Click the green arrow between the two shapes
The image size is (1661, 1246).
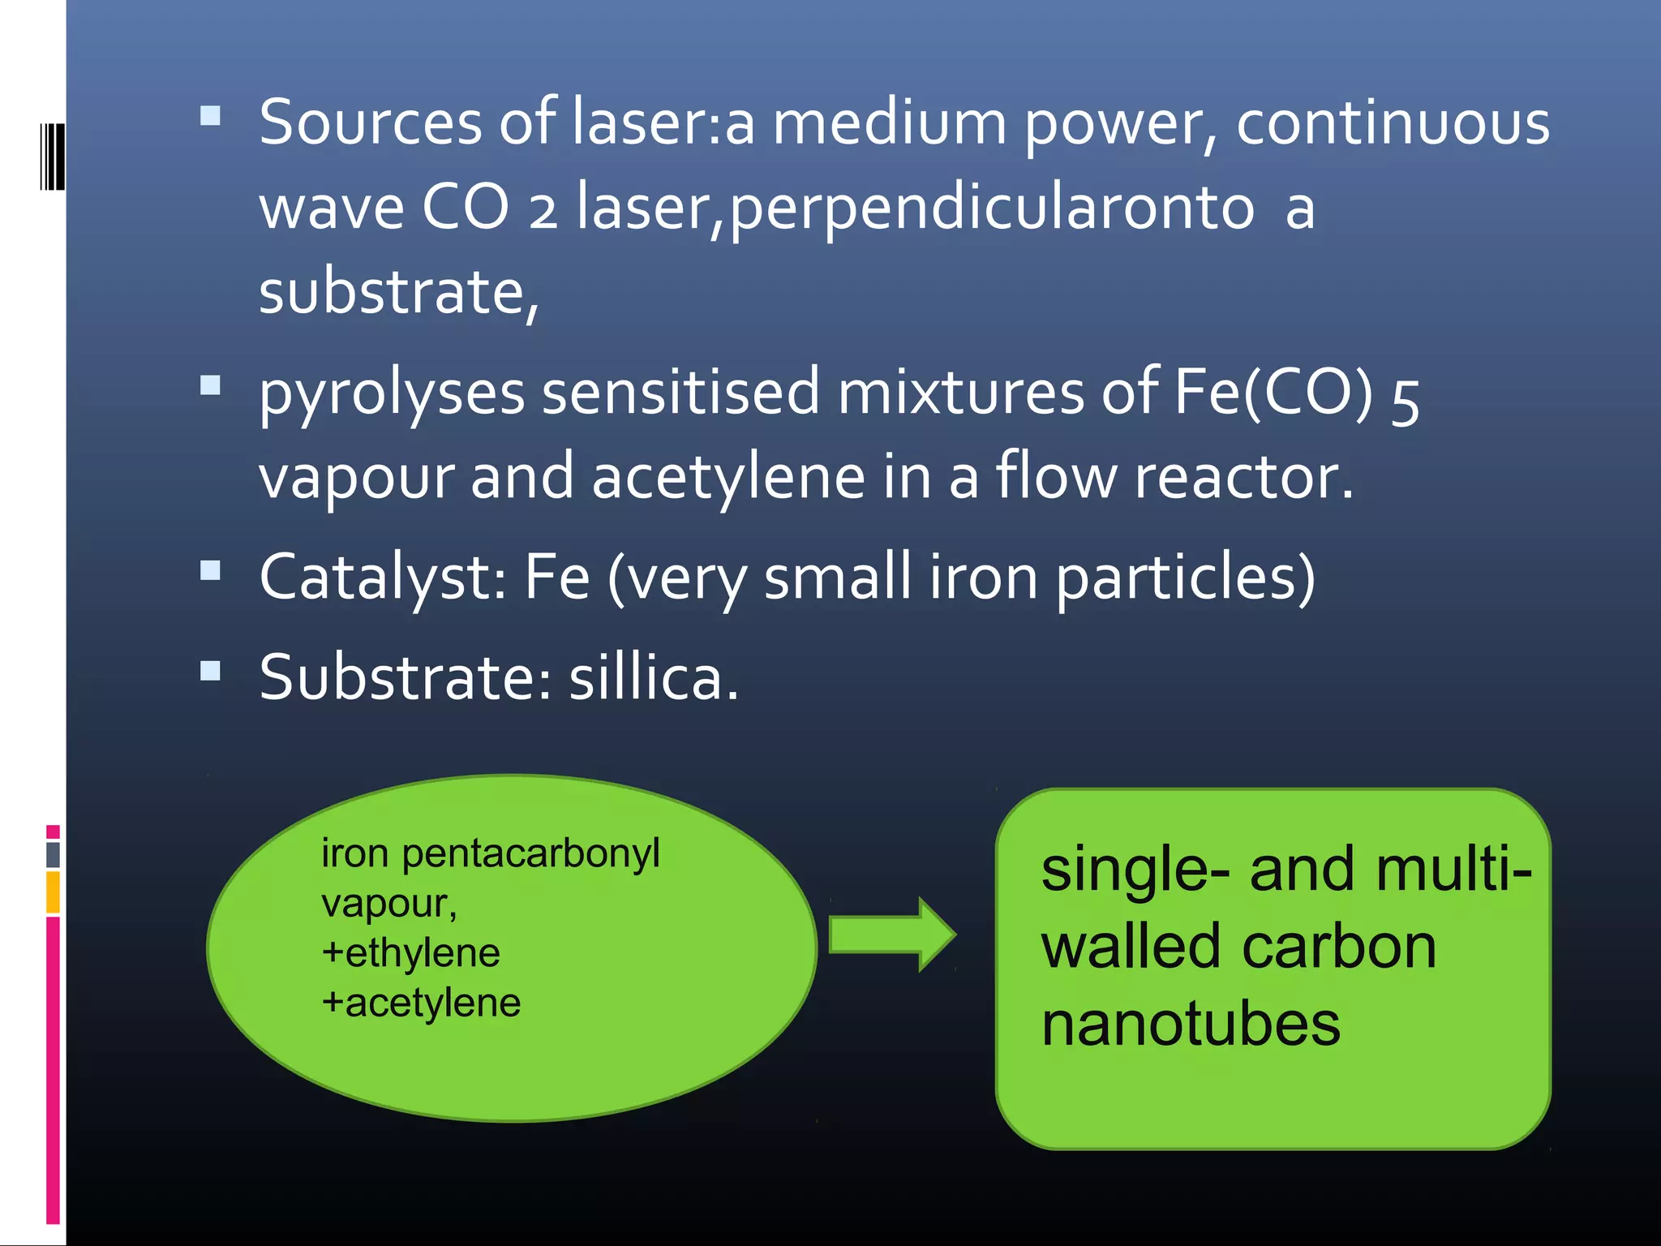[892, 934]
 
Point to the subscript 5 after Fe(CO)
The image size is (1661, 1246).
[1405, 403]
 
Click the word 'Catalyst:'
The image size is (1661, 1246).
[384, 578]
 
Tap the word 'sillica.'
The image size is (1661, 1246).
[654, 678]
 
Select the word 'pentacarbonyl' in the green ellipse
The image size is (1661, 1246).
[531, 853]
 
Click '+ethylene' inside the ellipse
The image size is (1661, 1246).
[410, 953]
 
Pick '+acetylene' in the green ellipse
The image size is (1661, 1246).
[421, 1003]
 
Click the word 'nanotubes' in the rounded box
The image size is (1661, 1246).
[1191, 1025]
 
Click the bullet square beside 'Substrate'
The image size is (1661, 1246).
[210, 671]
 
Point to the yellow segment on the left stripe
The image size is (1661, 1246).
[53, 892]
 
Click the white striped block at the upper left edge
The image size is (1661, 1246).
[52, 156]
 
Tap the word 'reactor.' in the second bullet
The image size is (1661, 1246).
[1244, 478]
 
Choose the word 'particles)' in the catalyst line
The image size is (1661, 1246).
[1185, 578]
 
